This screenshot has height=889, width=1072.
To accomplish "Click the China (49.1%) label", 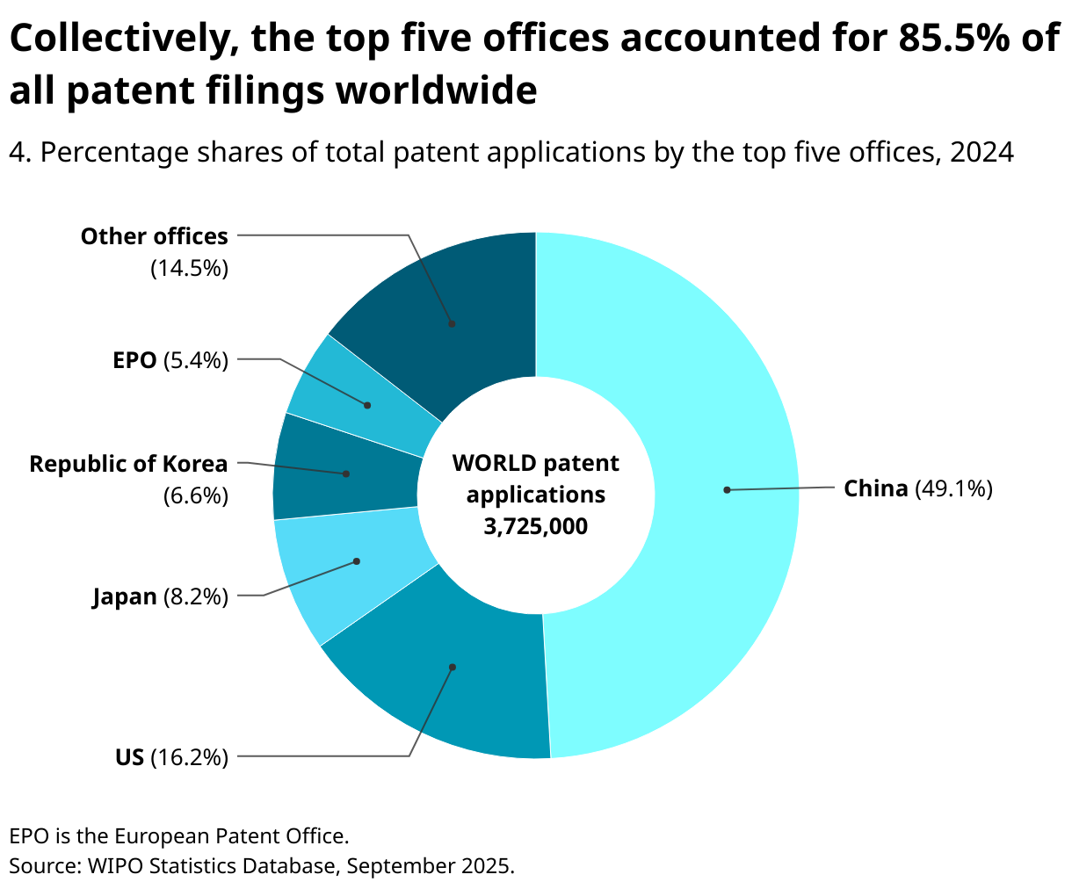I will tap(918, 488).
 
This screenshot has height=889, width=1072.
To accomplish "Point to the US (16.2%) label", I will tap(171, 756).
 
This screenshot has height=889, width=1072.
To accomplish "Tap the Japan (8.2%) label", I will tap(160, 597).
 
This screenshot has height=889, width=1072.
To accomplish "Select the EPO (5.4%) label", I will tap(170, 359).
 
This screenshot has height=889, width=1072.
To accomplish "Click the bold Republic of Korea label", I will tap(128, 464).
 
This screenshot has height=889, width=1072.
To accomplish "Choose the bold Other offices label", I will tap(154, 236).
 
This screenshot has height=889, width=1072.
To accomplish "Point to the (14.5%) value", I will tap(189, 268).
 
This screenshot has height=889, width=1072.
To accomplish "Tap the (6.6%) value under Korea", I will tap(195, 496).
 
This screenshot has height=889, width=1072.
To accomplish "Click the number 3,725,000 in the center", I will tap(535, 526).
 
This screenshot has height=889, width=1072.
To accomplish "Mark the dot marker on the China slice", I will tap(727, 489).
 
